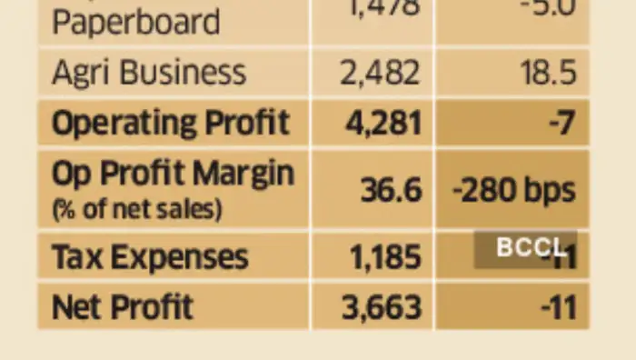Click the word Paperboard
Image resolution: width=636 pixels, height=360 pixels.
click(135, 21)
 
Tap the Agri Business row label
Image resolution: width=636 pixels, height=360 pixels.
click(148, 73)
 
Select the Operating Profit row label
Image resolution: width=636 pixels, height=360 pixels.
click(170, 123)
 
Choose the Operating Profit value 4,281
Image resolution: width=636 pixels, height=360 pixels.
click(383, 123)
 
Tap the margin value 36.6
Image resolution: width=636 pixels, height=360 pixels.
click(391, 190)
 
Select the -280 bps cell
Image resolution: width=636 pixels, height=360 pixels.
click(513, 190)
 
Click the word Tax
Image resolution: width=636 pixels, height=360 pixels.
click(75, 257)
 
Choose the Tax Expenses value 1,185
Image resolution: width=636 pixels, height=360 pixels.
click(385, 257)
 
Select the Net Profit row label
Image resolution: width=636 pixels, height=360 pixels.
click(123, 306)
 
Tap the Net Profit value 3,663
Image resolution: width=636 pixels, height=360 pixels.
click(382, 307)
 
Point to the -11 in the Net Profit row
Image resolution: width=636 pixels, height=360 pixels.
click(558, 307)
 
